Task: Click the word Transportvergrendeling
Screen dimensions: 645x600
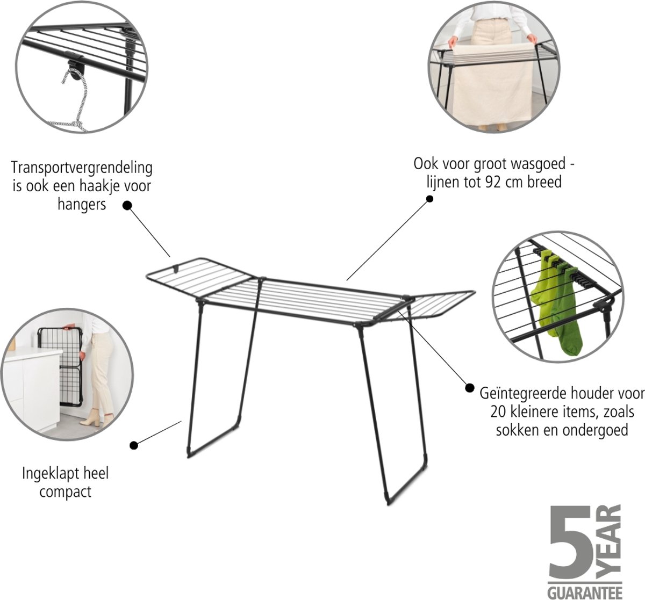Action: (x=82, y=168)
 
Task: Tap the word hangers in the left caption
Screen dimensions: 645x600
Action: (x=82, y=205)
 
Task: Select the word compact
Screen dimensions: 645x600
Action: (x=66, y=493)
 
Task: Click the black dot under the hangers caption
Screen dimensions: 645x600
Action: (x=127, y=205)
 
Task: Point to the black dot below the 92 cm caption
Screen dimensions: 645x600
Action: (x=429, y=199)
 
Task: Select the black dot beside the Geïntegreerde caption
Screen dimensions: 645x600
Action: (x=470, y=388)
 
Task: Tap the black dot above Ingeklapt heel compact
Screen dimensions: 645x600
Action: (x=134, y=445)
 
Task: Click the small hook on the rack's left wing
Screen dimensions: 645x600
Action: (x=176, y=269)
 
